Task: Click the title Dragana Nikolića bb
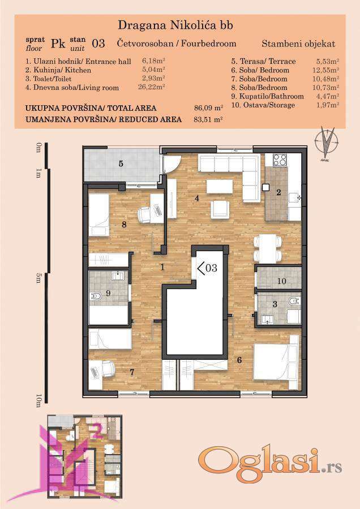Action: [x=175, y=25]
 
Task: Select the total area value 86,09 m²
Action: [x=208, y=108]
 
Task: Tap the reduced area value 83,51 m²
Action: [x=208, y=119]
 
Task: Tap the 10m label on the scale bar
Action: [x=38, y=400]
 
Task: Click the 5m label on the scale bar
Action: [x=38, y=278]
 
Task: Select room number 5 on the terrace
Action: [x=121, y=163]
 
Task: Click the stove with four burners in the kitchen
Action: [x=280, y=159]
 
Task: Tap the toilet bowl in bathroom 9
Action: [x=96, y=296]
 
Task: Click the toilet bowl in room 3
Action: [x=294, y=301]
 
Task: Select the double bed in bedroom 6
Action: [x=276, y=357]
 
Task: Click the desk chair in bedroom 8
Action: [x=144, y=214]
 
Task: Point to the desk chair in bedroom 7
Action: [x=108, y=369]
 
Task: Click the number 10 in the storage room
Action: [x=282, y=281]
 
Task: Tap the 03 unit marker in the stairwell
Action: [x=207, y=268]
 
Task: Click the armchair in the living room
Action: [x=220, y=210]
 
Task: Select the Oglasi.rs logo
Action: [x=270, y=465]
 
